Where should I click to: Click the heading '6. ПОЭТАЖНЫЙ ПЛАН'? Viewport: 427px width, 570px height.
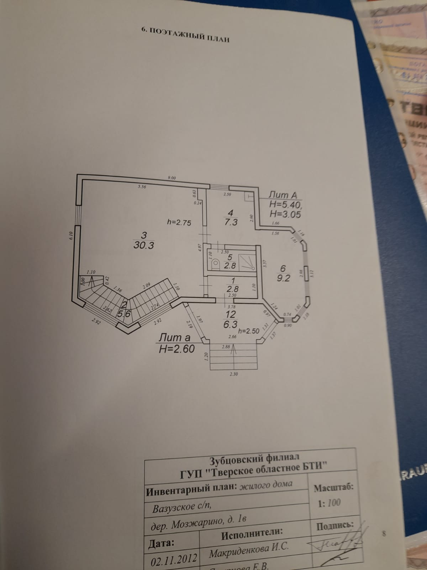click(x=185, y=35)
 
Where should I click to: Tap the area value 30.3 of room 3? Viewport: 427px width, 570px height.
click(x=144, y=245)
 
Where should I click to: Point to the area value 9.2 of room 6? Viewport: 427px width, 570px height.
click(x=283, y=278)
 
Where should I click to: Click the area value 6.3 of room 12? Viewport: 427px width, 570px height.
click(x=230, y=324)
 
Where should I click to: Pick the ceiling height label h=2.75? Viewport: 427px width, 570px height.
click(x=179, y=223)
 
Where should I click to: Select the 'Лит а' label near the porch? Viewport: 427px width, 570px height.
click(x=175, y=337)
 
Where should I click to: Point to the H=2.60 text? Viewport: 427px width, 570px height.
click(x=177, y=349)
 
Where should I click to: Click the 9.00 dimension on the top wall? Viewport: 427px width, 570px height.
click(x=172, y=178)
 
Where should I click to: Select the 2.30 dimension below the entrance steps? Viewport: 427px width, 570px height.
click(x=234, y=374)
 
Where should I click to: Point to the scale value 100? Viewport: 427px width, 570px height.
click(x=334, y=503)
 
